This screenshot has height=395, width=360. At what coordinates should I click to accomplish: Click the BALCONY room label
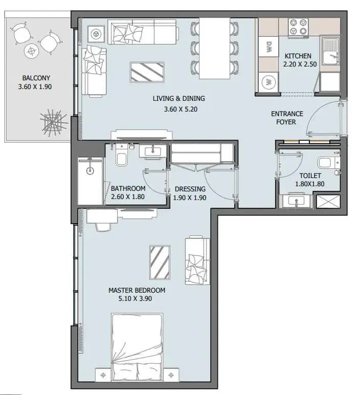36,78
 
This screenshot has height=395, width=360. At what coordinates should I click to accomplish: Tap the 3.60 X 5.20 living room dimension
181,109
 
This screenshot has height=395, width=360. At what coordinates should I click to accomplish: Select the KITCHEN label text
298,56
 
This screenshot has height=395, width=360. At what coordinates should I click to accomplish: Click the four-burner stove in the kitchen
299,27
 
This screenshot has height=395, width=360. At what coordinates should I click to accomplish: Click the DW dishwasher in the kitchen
268,47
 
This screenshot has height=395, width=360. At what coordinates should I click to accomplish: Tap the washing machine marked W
268,82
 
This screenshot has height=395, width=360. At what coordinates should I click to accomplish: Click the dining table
214,48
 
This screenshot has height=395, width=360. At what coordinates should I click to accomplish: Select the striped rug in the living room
147,72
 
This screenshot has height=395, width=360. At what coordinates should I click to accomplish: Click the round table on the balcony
32,51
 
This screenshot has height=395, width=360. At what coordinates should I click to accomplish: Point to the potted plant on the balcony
53,123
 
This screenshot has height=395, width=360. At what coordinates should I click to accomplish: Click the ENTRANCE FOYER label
287,118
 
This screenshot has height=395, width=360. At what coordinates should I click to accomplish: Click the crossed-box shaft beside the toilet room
328,201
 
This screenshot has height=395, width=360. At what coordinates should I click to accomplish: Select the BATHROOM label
128,188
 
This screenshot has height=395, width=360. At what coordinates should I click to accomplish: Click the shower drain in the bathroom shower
90,170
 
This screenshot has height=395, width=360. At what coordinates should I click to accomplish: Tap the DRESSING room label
190,189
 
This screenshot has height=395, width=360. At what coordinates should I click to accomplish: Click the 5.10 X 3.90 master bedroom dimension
135,298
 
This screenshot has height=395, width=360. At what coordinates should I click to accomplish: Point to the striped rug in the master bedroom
160,262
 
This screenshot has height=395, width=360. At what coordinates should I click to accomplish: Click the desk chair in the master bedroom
103,227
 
